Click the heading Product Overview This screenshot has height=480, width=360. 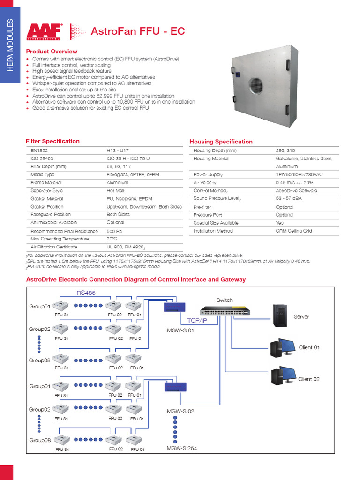click(52, 51)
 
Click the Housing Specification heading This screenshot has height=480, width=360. click(221, 142)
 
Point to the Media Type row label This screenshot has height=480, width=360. click(43, 175)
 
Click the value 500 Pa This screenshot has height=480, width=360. click(115, 231)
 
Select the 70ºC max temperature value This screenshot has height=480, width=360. click(112, 239)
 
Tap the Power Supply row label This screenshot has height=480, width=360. click(208, 174)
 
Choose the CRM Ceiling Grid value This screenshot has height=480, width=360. click(294, 231)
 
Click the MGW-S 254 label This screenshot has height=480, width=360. click(182, 448)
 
